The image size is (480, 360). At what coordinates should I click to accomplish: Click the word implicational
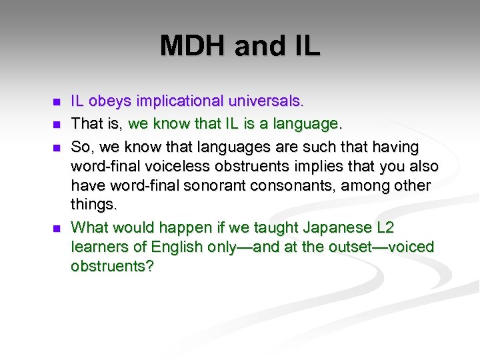coord(180,101)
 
